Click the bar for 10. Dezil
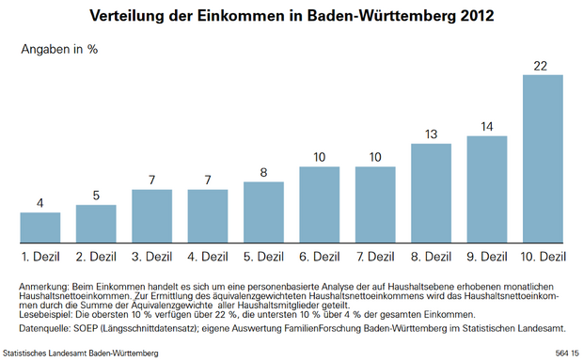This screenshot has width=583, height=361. pos(543,158)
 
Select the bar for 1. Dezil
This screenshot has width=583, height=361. pos(40,227)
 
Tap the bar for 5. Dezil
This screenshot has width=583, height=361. pos(263,212)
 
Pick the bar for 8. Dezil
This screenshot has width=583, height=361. pos(431,193)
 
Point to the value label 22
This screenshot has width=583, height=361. pos(543,65)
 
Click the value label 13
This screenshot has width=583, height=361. pos(431,134)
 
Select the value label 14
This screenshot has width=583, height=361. pos(486,127)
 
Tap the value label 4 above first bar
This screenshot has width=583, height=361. pos(40,203)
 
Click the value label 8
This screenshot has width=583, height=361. pos(263,172)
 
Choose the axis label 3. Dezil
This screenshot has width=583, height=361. pos(151,256)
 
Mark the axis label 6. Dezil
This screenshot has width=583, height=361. pos(319,256)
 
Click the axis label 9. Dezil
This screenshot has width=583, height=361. pos(486,256)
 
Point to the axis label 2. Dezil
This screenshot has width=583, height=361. pos(96,256)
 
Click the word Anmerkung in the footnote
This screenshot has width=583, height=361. pos(41,285)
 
